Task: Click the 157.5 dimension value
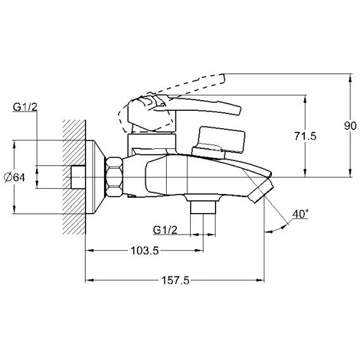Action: (176, 280)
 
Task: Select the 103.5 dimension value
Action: (145, 250)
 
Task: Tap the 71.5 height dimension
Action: (305, 136)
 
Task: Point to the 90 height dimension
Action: (350, 126)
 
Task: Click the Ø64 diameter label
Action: (15, 177)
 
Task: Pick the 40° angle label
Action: (300, 214)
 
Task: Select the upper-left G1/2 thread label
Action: (25, 107)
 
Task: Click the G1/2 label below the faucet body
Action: (165, 230)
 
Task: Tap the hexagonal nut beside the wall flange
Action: (114, 177)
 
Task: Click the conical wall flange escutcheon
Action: (94, 177)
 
